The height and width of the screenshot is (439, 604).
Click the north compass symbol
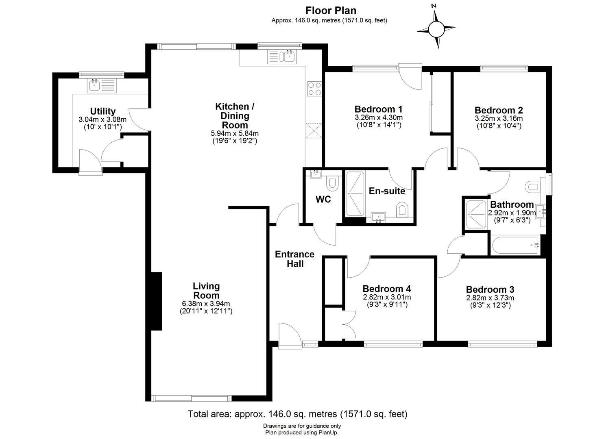[436, 29]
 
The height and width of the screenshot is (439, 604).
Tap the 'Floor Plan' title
[331, 11]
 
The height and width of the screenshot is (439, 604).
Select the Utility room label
[102, 111]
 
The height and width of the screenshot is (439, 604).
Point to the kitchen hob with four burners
[314, 89]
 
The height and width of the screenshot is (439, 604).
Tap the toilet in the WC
[332, 183]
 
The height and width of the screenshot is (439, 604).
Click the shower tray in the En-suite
[355, 194]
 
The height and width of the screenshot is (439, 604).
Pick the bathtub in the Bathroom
[515, 245]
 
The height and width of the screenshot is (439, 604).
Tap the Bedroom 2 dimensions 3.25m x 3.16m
[499, 118]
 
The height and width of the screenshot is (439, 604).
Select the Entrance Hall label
[294, 259]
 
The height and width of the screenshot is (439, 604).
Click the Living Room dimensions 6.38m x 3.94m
[206, 304]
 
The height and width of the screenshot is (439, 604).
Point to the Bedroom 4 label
[386, 289]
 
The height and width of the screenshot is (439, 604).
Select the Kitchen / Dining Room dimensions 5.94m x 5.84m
[234, 133]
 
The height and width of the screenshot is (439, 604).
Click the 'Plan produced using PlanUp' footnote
[301, 433]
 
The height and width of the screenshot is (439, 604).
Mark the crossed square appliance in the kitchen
[314, 131]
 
